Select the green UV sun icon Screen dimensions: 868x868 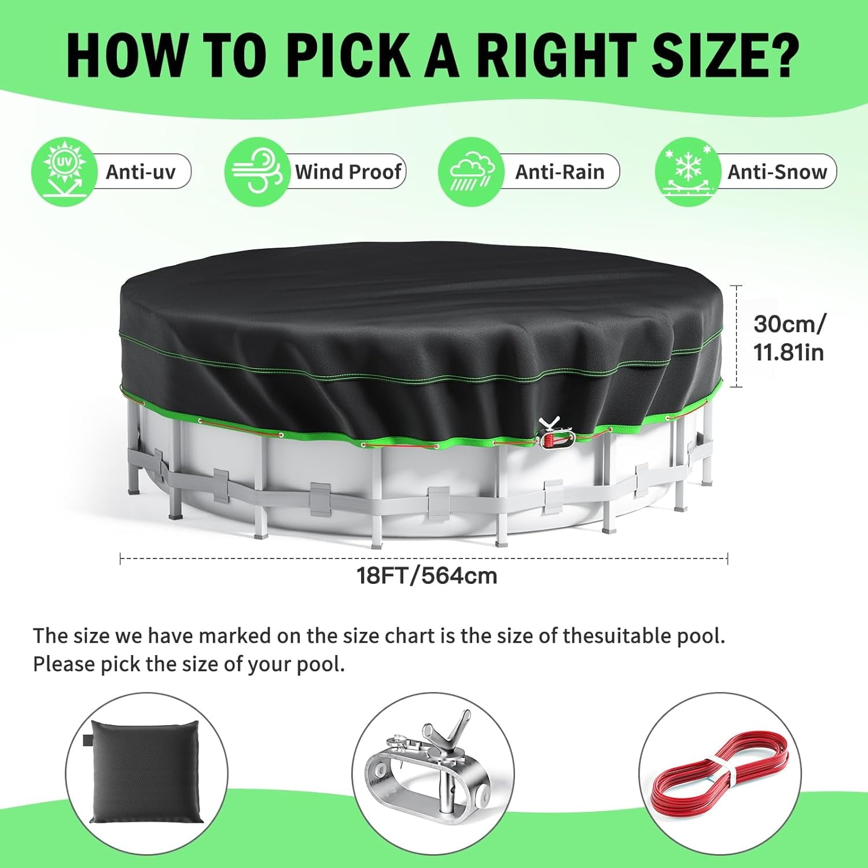pos(64,172)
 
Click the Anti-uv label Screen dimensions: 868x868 pos(141,172)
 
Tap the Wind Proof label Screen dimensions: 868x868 pos(348,172)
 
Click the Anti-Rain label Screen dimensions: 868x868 pos(560,172)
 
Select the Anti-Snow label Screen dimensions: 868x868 pos(777,172)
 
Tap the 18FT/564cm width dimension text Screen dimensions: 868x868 pos(427,576)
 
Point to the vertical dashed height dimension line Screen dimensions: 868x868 pos(736,336)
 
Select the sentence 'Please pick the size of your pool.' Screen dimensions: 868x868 pos(189,664)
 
